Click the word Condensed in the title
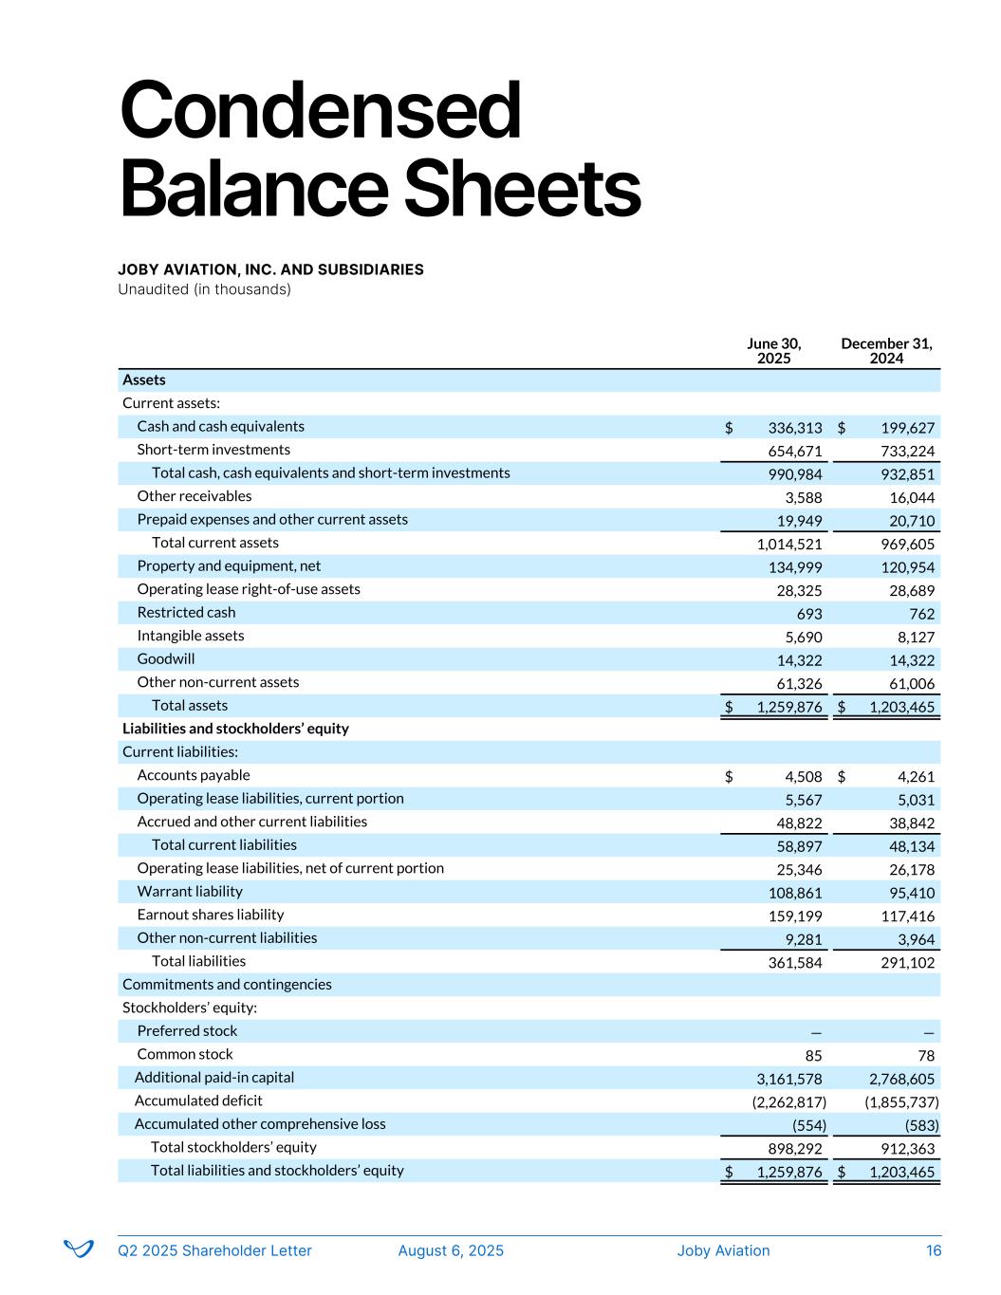321,111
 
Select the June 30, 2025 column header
773,351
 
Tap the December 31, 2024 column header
886,351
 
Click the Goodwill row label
166,659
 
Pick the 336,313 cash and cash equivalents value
795,428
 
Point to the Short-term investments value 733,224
908,452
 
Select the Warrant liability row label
190,892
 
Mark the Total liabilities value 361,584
795,963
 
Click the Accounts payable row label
194,775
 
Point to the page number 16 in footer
934,1250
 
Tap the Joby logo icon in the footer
79,1249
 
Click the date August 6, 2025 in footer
451,1250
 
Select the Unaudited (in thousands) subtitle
204,289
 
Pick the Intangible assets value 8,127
915,638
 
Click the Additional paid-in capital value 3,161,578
788,1079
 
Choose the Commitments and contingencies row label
227,985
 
